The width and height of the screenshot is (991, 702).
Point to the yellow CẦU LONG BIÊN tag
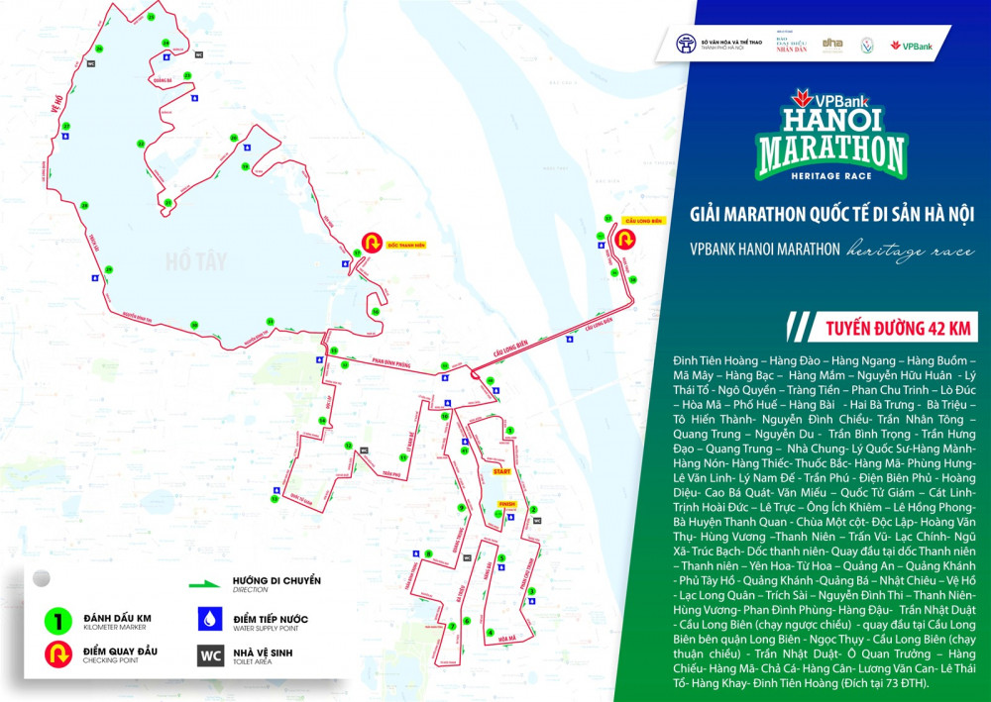click(643, 221)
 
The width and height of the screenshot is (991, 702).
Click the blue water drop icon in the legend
click(209, 620)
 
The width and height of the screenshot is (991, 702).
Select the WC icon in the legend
click(210, 655)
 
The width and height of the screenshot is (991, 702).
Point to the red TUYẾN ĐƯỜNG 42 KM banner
click(882, 326)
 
